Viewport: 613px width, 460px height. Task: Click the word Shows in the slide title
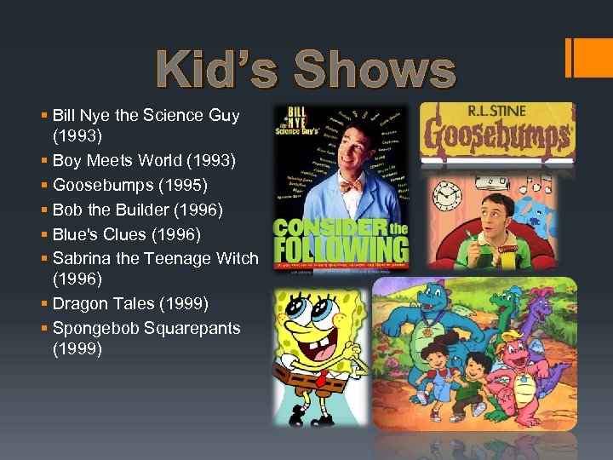tap(375, 70)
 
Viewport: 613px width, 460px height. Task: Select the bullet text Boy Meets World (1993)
tap(144, 160)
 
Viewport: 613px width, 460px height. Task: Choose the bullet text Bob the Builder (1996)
tap(138, 210)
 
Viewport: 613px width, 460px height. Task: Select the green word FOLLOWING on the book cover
tap(341, 250)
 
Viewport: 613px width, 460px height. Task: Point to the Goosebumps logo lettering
tap(496, 135)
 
